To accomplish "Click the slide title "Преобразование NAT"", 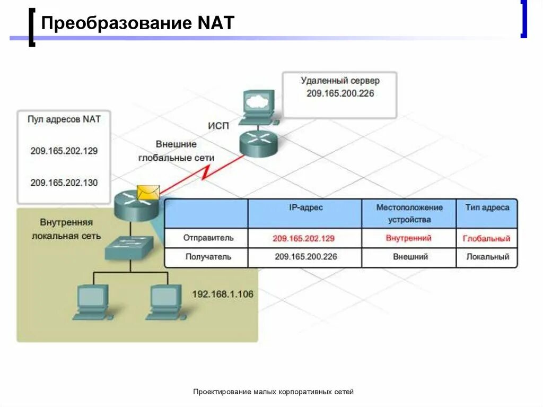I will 137,24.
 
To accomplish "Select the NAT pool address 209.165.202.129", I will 64,151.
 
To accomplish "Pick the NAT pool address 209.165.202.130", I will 64,183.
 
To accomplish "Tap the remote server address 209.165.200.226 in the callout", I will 340,93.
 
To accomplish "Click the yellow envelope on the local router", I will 147,192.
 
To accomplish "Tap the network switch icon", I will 129,247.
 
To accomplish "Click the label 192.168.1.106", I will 222,294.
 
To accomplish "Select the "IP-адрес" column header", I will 305,207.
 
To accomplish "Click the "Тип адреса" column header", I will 487,207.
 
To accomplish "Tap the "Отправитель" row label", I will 208,238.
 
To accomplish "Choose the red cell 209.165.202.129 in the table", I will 304,238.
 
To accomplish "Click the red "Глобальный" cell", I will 486,238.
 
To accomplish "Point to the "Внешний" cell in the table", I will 410,257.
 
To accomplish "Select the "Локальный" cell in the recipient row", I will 487,257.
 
